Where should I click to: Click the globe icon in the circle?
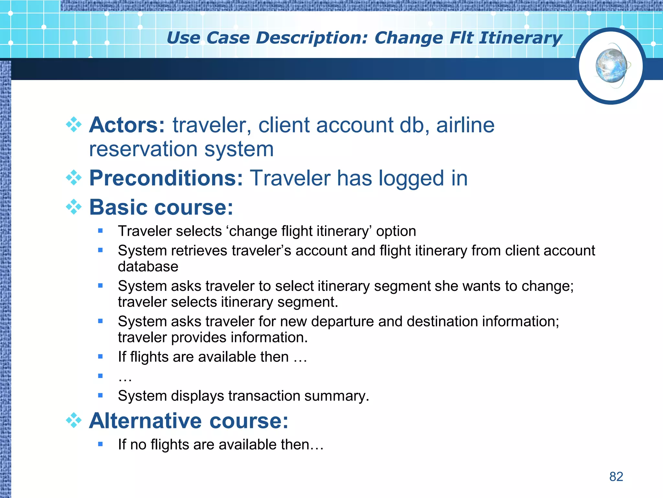611,66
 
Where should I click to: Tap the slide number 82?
616,477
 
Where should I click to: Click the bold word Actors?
127,125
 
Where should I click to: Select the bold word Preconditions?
166,178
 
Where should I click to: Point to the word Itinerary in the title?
521,38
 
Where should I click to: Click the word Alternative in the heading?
145,421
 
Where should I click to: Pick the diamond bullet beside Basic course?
74,207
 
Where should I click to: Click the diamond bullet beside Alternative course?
74,421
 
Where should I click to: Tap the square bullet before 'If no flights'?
100,444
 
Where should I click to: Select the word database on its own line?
148,267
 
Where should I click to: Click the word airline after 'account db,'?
465,125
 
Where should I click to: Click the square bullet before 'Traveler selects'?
100,231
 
